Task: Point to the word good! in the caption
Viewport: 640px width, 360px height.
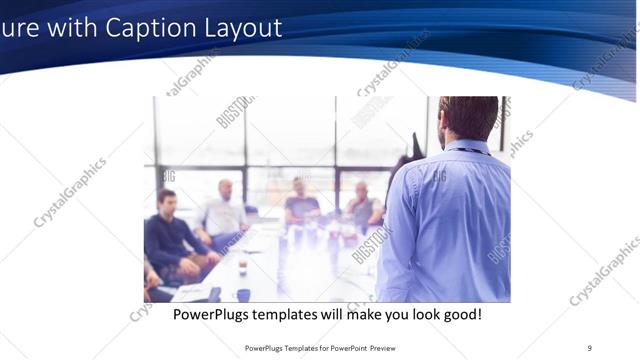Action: pos(463,314)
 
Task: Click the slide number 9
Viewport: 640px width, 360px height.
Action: pos(589,348)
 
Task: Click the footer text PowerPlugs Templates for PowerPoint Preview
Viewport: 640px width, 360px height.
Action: pos(319,348)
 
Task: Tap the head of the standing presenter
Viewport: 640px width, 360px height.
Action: pos(468,118)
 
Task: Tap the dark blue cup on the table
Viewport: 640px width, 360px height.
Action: pos(243,294)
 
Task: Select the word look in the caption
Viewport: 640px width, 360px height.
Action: pos(420,314)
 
